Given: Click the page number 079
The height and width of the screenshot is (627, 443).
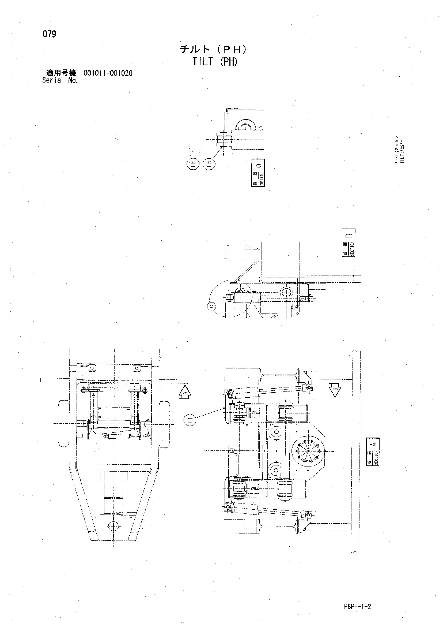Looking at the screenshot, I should (x=49, y=34).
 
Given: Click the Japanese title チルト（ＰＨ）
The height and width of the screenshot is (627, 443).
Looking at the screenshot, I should (x=214, y=50).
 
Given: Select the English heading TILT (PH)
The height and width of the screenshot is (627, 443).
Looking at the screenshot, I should (x=215, y=62).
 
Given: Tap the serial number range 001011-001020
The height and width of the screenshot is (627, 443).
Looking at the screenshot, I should (x=108, y=73).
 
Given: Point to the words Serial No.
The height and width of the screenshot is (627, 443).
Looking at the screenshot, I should (x=60, y=80).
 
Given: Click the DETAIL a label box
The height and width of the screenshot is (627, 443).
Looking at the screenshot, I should (x=258, y=172).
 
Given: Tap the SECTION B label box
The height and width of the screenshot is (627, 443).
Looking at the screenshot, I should (x=348, y=243).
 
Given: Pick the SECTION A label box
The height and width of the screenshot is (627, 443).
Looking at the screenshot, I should (x=373, y=451).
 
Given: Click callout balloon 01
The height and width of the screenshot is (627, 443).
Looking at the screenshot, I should (x=190, y=419).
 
